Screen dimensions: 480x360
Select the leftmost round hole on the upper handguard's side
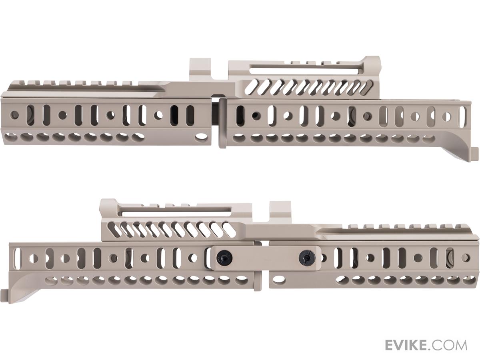(15, 114)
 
